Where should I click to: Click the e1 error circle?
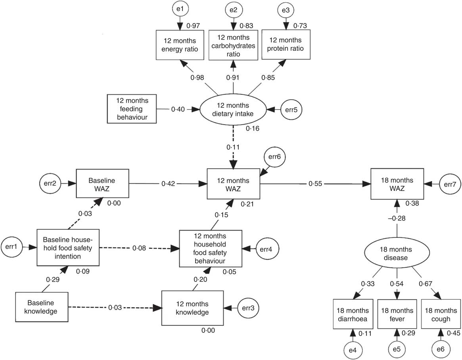(180, 9)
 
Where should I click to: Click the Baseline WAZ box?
(103, 183)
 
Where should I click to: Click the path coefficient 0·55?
(315, 184)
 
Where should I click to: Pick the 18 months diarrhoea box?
(353, 314)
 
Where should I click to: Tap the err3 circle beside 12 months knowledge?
(249, 308)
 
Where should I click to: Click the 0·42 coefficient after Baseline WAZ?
(169, 184)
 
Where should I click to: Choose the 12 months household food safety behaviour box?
(210, 249)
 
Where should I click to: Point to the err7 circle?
(448, 184)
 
